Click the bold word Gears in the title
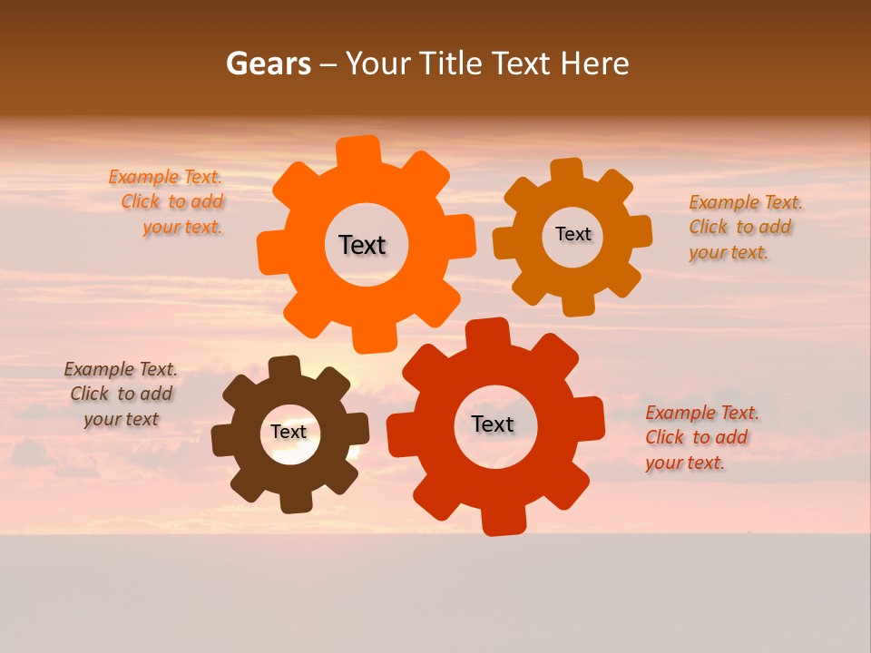pos(268,63)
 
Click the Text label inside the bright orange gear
pos(362,245)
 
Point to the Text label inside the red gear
pos(493,424)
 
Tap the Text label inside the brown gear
pos(289,432)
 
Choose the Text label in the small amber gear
pos(573,234)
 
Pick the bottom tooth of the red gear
pos(503,520)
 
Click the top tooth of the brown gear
pos(284,367)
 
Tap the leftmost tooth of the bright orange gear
pos(271,250)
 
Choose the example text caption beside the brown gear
pos(121,394)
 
